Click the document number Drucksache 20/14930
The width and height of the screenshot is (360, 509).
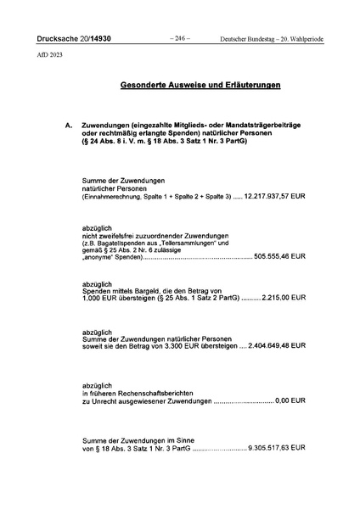(x=66, y=39)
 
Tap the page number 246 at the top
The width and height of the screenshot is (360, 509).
(x=179, y=38)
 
